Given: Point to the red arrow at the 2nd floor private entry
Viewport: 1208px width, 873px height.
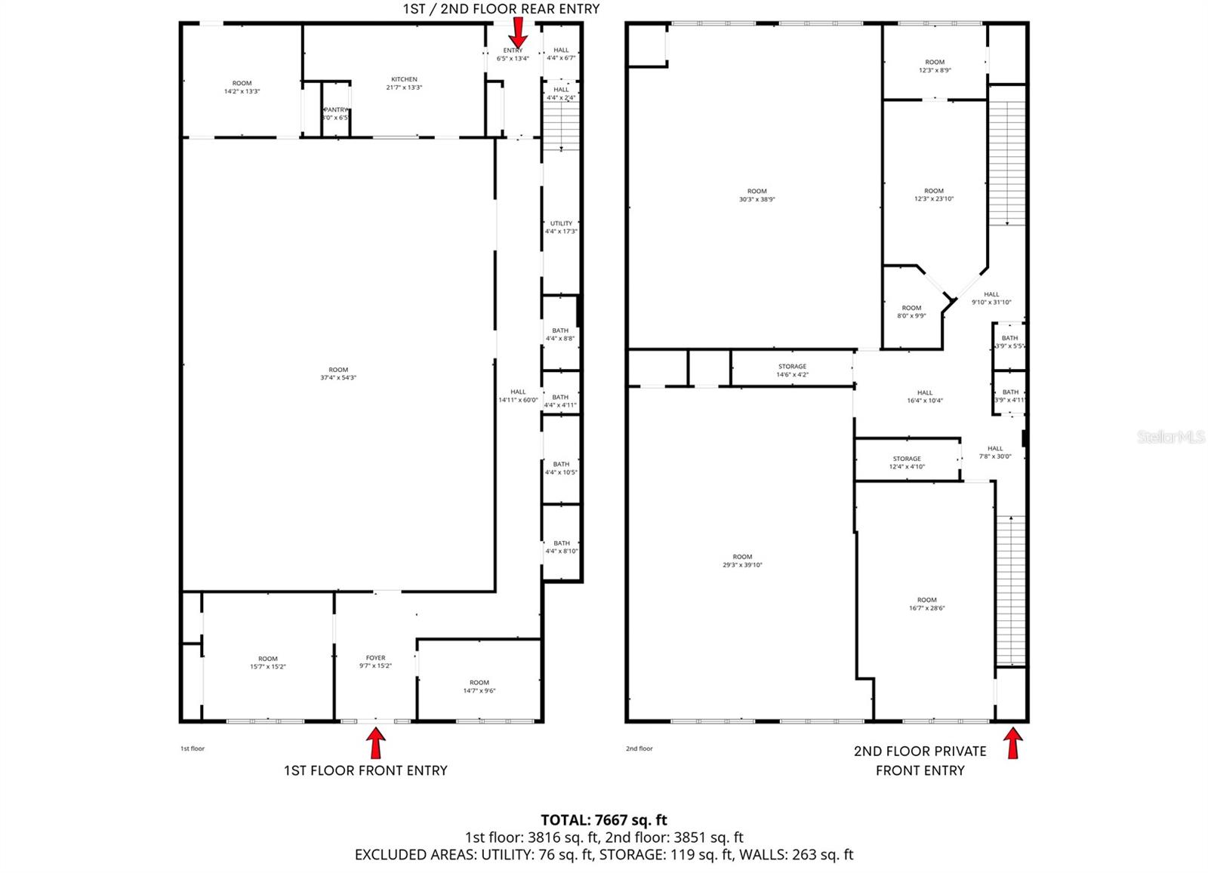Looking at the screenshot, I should click(x=1012, y=743).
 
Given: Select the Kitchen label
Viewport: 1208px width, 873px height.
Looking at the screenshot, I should click(x=404, y=83).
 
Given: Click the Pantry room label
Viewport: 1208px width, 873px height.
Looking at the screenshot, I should click(x=335, y=114).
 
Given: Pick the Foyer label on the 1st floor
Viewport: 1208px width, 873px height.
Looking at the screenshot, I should click(x=375, y=662).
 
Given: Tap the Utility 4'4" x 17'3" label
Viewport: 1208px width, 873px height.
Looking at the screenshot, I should click(x=561, y=227).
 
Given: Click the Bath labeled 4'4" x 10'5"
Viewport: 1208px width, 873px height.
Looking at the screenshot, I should click(x=561, y=468).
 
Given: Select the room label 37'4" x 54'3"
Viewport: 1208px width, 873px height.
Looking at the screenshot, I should click(x=338, y=373).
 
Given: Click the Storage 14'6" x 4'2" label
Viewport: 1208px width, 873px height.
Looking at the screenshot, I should click(x=792, y=370).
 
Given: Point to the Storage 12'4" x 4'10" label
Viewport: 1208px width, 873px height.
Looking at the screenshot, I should click(x=907, y=463).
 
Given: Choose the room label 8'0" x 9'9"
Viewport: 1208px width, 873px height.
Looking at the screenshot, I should click(x=911, y=312).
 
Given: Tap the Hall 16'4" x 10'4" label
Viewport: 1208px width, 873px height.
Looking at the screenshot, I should click(x=925, y=396).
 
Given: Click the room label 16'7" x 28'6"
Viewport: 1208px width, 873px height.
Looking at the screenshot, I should click(x=926, y=604).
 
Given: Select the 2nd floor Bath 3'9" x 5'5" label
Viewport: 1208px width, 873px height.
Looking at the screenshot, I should click(x=1009, y=342).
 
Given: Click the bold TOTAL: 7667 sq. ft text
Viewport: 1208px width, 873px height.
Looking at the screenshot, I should click(x=603, y=819).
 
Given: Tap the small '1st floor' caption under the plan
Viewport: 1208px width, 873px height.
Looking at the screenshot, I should click(x=193, y=749).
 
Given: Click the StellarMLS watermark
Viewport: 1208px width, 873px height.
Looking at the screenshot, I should click(x=1171, y=437).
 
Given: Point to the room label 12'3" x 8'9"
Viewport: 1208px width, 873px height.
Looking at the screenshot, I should click(x=935, y=66).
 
